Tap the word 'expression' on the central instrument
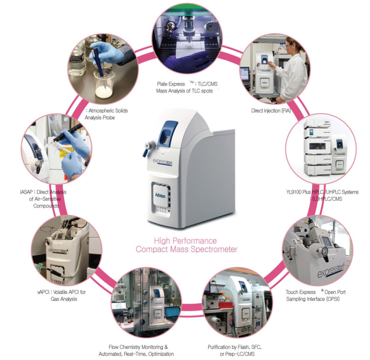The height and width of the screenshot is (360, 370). click(x=165, y=162)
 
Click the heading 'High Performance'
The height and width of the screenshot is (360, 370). click(x=185, y=241)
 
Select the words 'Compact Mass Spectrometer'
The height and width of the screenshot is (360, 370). click(x=186, y=250)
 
